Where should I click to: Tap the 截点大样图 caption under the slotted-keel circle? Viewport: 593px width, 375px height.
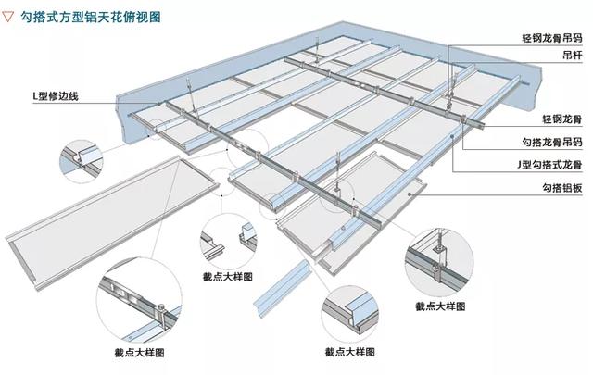[139, 352]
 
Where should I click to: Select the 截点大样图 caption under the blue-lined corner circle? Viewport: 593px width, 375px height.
[349, 352]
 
